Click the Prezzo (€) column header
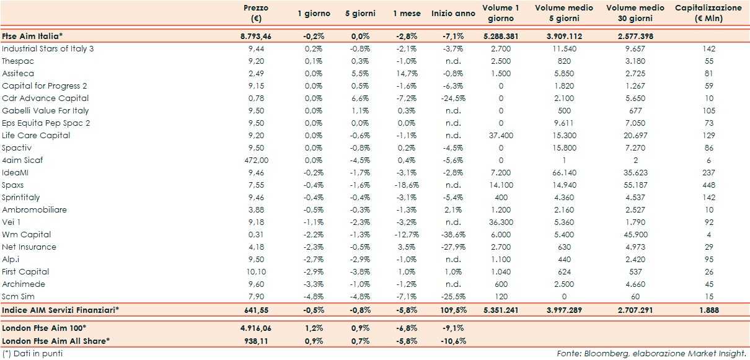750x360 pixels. point(255,13)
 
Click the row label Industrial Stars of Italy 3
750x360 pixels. point(48,48)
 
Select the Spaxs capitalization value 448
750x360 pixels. point(710,185)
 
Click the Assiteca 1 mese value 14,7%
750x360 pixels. point(408,73)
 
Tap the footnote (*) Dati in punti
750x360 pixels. point(32,353)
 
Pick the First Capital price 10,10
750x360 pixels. point(255,271)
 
